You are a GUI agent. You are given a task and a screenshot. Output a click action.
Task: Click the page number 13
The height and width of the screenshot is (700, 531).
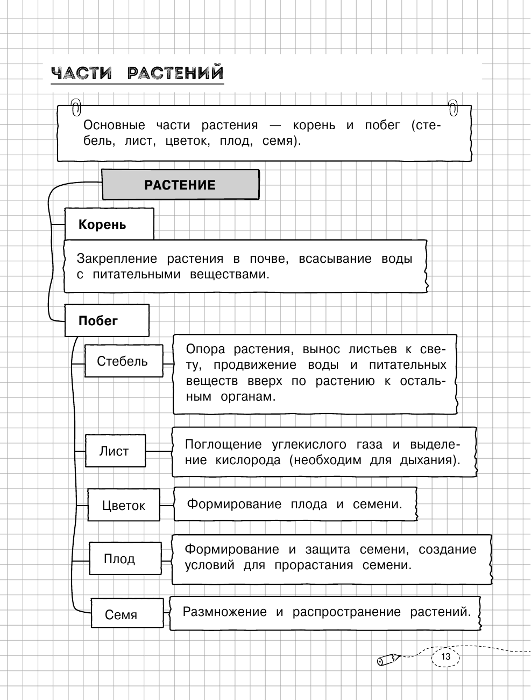[445, 657]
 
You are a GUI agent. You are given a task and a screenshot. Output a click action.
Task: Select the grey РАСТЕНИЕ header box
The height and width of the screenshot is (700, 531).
[180, 185]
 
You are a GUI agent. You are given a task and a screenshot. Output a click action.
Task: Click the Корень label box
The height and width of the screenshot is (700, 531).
[109, 224]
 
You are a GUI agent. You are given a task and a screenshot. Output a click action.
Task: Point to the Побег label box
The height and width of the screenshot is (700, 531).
[106, 321]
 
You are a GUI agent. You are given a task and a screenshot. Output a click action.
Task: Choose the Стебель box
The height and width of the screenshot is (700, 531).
[123, 361]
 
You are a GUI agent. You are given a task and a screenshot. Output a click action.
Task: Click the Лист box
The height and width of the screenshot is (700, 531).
[115, 451]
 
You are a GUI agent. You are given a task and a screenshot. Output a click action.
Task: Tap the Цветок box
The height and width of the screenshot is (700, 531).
[123, 505]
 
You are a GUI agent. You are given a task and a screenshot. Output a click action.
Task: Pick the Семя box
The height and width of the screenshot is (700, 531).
[126, 614]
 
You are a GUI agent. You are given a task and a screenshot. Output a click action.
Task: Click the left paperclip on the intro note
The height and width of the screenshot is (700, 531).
[76, 108]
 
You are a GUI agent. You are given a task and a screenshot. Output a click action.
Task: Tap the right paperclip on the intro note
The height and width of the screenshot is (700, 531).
[453, 107]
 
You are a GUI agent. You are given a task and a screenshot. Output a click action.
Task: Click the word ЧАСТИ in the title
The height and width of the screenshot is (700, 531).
[81, 73]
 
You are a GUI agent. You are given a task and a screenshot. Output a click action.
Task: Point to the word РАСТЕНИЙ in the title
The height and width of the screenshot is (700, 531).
[175, 73]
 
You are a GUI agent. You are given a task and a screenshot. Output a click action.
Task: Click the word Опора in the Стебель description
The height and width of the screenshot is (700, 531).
[205, 349]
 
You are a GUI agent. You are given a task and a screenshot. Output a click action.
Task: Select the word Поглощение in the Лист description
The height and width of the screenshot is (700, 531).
[223, 445]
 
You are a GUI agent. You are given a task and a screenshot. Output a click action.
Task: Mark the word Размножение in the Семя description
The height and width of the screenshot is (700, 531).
[224, 612]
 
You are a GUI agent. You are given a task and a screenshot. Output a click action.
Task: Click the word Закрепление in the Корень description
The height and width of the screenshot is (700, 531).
[117, 259]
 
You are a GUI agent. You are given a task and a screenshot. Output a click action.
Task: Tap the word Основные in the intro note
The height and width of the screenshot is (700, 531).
[114, 125]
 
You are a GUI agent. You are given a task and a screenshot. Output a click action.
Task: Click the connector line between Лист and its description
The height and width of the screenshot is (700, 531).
[159, 451]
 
